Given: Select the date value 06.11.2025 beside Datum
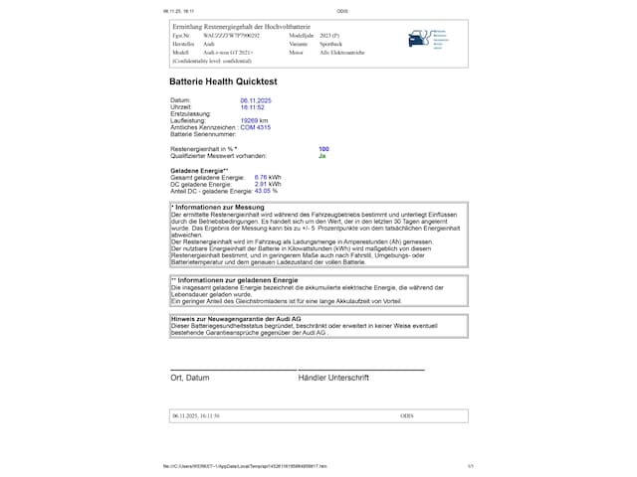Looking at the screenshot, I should click(x=256, y=101).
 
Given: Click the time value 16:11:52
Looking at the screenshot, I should click(x=252, y=107).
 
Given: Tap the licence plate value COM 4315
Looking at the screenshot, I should click(x=256, y=127).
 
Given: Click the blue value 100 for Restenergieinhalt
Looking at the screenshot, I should click(x=323, y=149).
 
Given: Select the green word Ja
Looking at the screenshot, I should click(x=322, y=156).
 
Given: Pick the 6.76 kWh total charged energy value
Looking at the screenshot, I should click(x=268, y=177).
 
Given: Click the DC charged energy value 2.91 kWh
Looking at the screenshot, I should click(x=268, y=184).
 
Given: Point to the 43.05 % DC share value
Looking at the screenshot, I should click(x=266, y=190).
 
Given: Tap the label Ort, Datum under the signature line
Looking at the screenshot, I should click(x=190, y=378).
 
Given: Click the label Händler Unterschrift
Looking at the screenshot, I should click(x=333, y=378).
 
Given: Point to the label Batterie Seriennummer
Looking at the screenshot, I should click(x=205, y=133).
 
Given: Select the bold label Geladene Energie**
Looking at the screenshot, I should click(x=200, y=170).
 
